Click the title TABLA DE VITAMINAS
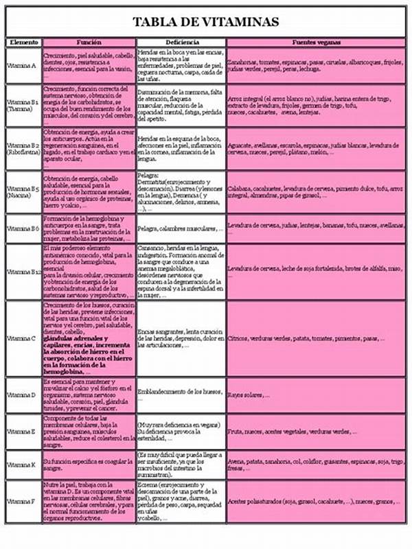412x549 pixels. (206, 22)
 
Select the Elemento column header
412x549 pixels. (24, 43)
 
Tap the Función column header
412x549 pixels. (89, 43)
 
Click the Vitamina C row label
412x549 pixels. (22, 338)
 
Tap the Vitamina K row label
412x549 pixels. (22, 465)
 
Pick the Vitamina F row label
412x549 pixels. (22, 502)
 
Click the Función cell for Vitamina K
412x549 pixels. (89, 465)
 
